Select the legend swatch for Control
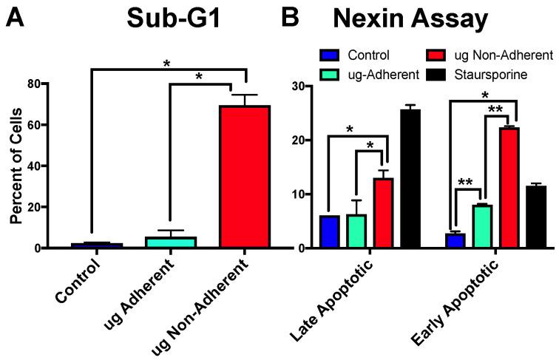(330, 55)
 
